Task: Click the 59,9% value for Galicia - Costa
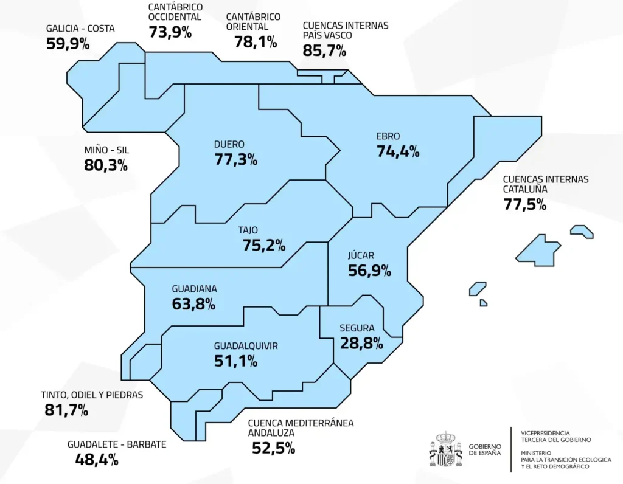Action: [68, 44]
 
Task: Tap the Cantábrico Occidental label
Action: [175, 12]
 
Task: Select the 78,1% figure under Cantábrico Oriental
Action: [256, 42]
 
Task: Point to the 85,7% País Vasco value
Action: [324, 50]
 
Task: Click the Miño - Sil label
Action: [107, 150]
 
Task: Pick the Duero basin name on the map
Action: [229, 145]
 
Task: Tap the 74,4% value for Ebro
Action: [399, 152]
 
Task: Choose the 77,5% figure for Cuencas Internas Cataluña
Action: [525, 204]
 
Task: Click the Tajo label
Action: [248, 230]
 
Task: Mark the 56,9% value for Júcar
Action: [369, 271]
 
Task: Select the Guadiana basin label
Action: [195, 289]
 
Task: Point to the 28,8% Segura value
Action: [361, 343]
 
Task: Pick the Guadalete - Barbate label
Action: [117, 444]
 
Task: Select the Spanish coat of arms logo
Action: [446, 450]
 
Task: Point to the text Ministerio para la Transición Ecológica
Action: [566, 460]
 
